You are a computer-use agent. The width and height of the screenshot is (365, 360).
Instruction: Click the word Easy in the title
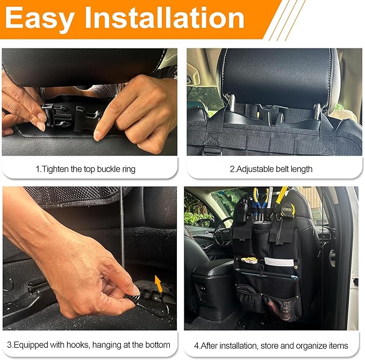(40, 20)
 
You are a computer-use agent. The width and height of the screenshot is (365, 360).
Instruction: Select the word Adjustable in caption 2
(255, 169)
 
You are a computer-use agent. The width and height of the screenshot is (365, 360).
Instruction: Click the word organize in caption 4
(310, 345)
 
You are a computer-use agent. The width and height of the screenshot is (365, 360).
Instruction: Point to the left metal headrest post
(232, 101)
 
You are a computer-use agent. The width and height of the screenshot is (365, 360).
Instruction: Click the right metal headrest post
(318, 108)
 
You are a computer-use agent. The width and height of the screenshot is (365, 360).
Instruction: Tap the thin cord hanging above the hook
(123, 231)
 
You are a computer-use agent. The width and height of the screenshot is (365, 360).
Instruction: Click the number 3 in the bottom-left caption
(10, 345)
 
